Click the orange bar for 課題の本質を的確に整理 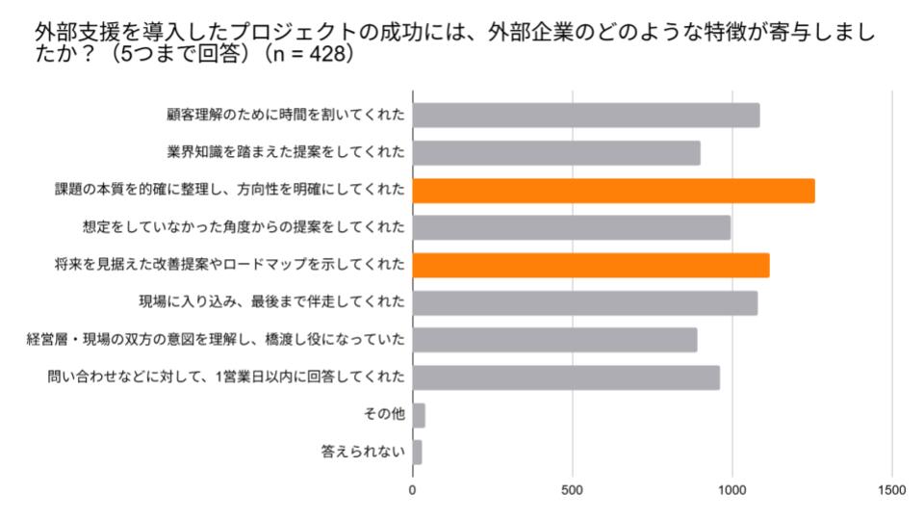613,191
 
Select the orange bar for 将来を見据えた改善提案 590,265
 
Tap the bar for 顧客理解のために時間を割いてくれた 585,116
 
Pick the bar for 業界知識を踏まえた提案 555,153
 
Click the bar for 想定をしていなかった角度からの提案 571,227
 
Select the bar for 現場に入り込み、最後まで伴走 584,302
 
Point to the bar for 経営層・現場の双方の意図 554,340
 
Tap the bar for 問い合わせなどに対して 566,377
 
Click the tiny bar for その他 419,415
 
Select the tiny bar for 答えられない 417,452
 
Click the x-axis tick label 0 413,489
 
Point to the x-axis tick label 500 573,489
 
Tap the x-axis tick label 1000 732,489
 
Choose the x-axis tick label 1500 892,489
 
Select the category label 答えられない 362,452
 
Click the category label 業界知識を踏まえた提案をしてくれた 286,153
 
